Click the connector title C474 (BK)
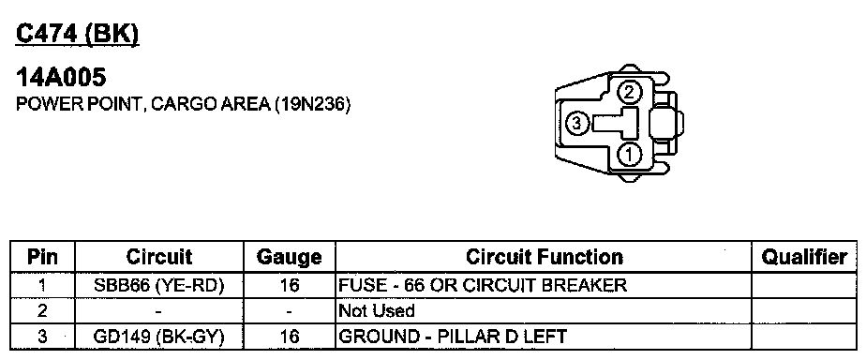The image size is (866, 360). [x=77, y=36]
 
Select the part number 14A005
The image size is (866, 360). [x=61, y=77]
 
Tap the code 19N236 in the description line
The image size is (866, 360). [x=310, y=104]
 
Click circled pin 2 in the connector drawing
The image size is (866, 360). [x=628, y=92]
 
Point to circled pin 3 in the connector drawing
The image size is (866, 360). [x=576, y=124]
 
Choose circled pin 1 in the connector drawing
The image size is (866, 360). [x=628, y=155]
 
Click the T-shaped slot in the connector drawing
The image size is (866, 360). [x=616, y=123]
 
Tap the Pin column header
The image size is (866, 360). [x=42, y=257]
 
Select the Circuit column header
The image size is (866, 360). [x=159, y=257]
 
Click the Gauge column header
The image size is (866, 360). [x=290, y=257]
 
